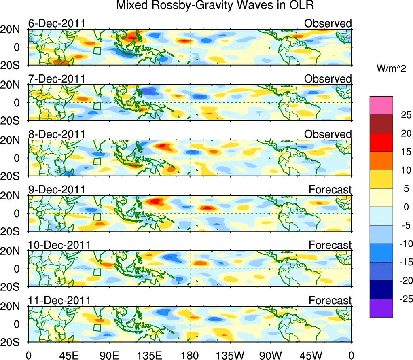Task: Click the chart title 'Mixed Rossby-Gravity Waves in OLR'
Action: tap(215, 6)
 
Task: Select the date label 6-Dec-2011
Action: tap(56, 23)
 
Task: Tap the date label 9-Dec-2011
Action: tap(56, 189)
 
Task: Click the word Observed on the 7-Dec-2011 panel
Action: tap(328, 79)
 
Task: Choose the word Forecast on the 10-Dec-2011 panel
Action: tap(330, 245)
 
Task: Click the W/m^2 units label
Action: tap(391, 69)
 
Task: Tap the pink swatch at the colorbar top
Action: tap(381, 106)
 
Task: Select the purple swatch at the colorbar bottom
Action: tap(381, 308)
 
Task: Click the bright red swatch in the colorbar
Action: tap(381, 142)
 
